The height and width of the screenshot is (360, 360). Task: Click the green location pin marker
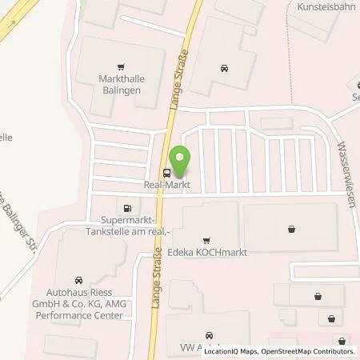180,159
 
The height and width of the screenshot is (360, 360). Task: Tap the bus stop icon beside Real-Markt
166,173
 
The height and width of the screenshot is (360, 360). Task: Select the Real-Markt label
166,185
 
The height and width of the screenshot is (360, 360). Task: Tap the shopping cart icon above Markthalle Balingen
120,67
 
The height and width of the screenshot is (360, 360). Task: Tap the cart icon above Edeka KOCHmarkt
206,239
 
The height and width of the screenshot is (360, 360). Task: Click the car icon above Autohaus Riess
78,280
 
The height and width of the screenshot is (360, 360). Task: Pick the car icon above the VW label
210,335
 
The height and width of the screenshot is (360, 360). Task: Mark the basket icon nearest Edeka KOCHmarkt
291,228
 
